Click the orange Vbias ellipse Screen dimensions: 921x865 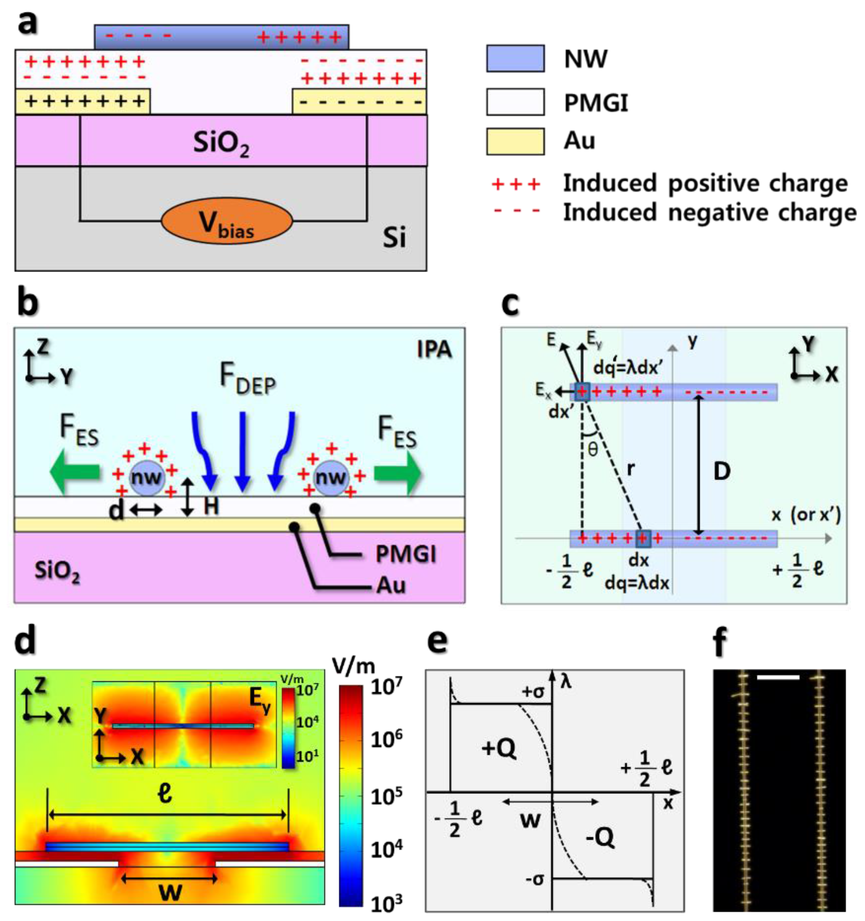click(227, 221)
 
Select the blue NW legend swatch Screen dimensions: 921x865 click(515, 58)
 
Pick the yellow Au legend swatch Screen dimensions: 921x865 click(515, 141)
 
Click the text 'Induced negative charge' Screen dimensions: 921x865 click(709, 213)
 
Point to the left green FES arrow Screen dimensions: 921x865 click(74, 472)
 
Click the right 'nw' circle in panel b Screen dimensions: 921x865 click(331, 478)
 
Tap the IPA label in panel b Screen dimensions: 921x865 click(434, 349)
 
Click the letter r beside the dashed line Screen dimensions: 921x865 click(630, 469)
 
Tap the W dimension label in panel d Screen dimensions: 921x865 click(170, 891)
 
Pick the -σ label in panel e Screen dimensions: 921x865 click(534, 879)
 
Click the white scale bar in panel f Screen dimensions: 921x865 click(778, 678)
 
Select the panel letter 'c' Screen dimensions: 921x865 click(510, 304)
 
